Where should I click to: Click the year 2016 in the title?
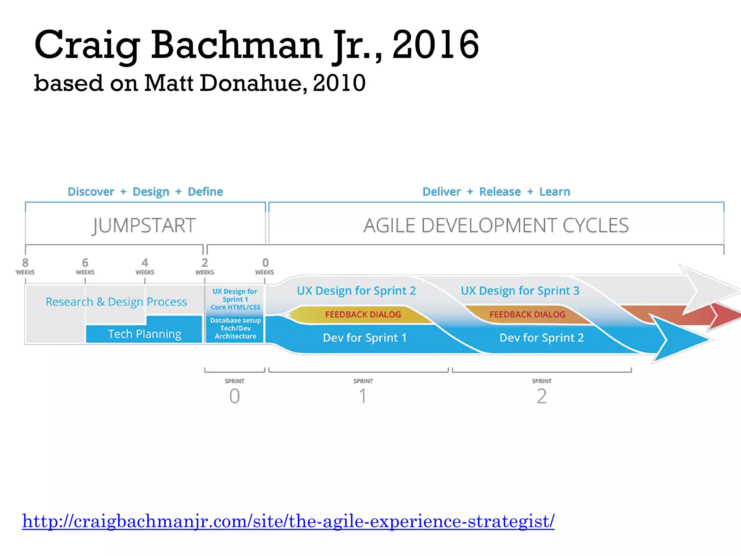436,45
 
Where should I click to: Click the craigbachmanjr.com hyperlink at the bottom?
288,521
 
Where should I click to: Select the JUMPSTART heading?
144,226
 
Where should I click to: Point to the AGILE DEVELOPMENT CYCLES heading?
496,226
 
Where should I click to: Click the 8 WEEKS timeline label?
25,266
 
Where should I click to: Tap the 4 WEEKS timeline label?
145,266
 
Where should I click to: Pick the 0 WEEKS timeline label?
265,266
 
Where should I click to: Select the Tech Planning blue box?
144,334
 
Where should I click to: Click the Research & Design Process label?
116,302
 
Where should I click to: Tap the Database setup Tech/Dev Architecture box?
235,328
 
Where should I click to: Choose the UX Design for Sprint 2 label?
356,291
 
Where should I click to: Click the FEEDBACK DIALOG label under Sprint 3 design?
527,314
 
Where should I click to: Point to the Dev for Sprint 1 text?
364,338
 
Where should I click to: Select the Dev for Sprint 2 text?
541,338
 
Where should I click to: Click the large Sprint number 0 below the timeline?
234,396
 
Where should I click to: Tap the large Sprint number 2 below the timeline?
541,396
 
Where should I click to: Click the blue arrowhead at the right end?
680,340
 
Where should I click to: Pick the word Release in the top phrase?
500,191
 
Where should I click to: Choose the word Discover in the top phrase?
91,191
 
